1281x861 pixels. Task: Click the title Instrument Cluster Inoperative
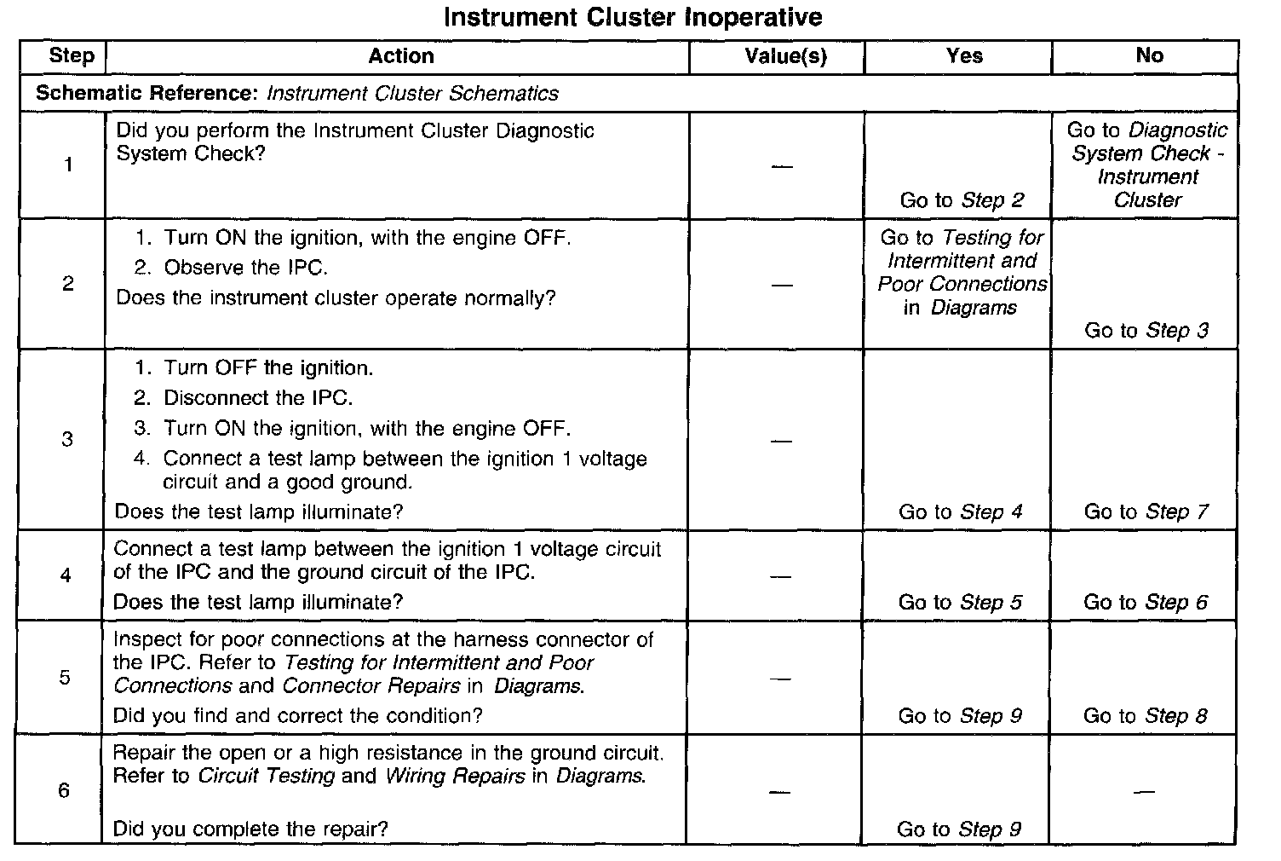tap(633, 17)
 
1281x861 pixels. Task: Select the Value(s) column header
tap(785, 56)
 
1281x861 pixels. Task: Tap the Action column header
tap(400, 56)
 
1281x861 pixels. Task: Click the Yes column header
tap(964, 56)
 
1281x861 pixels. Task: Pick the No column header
tap(1149, 55)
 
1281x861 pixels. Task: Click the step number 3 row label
tap(67, 440)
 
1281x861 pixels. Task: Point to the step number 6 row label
tap(64, 790)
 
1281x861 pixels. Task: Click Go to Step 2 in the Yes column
tap(962, 200)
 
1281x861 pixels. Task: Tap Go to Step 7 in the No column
tap(1146, 511)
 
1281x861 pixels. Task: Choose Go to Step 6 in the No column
tap(1145, 602)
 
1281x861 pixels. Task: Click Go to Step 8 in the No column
tap(1145, 715)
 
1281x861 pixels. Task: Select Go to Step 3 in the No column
tap(1146, 330)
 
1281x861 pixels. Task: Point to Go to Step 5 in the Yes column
tap(960, 602)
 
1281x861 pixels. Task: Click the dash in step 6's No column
tap(1145, 792)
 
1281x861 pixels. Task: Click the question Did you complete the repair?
tap(250, 829)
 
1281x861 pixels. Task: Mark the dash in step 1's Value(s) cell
tap(781, 166)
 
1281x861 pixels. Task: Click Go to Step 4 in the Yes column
tap(960, 511)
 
